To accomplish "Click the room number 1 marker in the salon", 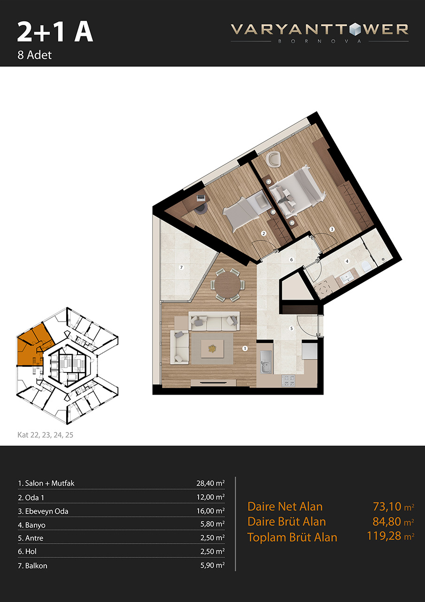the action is (245, 349).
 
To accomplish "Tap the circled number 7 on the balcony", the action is (182, 267).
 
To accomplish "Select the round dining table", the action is (227, 285).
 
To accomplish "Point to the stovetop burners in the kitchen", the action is (288, 381).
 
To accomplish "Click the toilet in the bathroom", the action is (366, 267).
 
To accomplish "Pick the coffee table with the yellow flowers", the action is (212, 349).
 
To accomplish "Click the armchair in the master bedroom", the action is (273, 159).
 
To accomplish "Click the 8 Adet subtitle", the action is (35, 55).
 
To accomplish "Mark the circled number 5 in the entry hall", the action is (292, 328).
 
